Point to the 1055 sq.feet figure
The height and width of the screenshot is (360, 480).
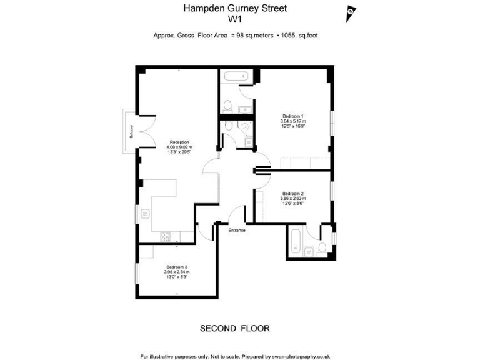[301, 36]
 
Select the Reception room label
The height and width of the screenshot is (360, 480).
[179, 142]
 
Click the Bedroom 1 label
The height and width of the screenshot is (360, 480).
[293, 116]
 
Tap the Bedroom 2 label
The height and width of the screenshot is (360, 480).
[293, 193]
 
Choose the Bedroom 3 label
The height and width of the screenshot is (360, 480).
[177, 267]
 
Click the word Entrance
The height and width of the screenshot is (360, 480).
[237, 231]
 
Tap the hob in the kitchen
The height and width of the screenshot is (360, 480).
[166, 236]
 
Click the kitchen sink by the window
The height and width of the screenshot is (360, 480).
[145, 214]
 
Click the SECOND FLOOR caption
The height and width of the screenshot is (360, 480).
[234, 328]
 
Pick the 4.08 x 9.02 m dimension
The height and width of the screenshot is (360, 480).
[179, 147]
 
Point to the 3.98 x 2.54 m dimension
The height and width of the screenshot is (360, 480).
[177, 272]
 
